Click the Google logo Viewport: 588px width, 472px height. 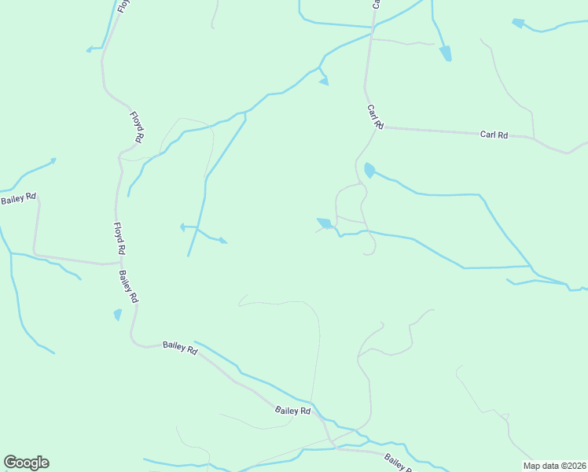click(26, 463)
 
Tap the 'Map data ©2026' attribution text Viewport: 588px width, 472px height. click(554, 466)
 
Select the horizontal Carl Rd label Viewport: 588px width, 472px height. click(494, 135)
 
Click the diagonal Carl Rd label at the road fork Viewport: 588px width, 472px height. click(374, 116)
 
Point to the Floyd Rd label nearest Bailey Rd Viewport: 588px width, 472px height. click(119, 238)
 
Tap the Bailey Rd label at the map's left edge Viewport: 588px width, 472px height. click(18, 198)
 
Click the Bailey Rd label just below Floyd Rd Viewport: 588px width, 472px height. click(129, 286)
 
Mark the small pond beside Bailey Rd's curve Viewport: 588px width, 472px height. click(118, 314)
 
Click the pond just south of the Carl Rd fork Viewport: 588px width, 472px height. click(369, 169)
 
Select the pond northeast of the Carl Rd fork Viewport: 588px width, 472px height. click(446, 53)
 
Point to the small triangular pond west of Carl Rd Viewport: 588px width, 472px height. click(323, 80)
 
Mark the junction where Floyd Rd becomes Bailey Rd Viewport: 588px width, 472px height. click(118, 264)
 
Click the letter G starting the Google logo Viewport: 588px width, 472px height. click(10, 463)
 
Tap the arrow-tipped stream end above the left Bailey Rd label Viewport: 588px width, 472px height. click(53, 160)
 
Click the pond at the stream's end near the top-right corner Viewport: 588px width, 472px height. click(518, 23)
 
